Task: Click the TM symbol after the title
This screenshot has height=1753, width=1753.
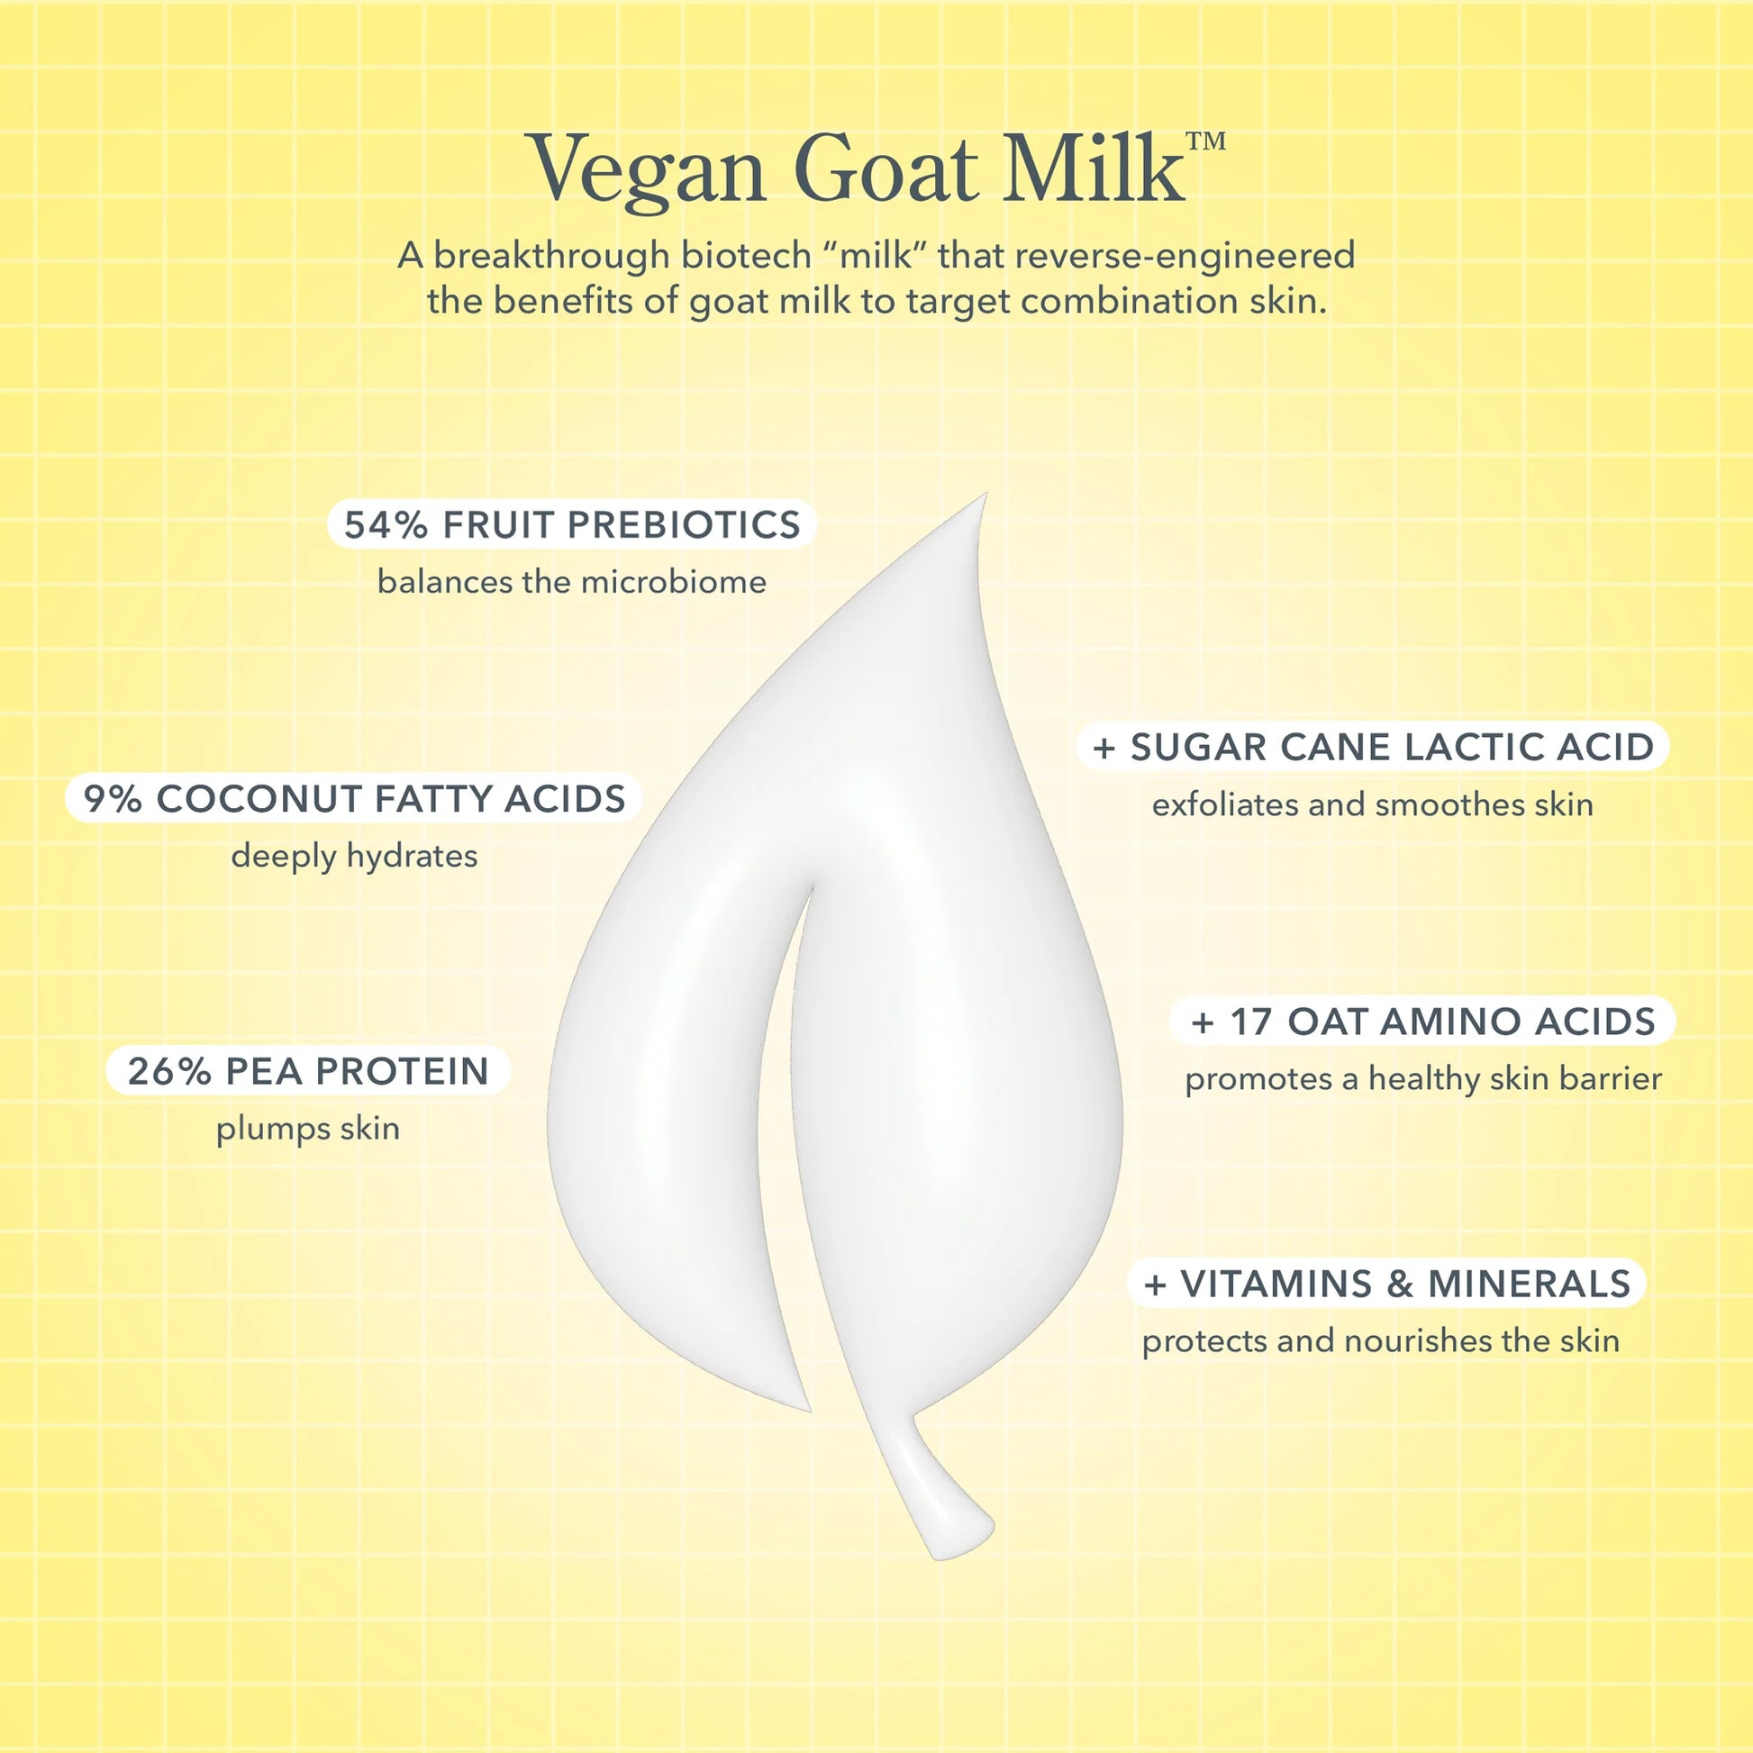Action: click(x=1206, y=141)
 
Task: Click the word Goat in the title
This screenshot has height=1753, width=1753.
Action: click(x=886, y=168)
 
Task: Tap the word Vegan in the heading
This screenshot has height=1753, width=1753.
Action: click(x=649, y=172)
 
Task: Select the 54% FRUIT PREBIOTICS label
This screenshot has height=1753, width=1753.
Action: click(x=573, y=524)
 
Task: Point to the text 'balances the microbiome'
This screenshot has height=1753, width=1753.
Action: click(x=572, y=582)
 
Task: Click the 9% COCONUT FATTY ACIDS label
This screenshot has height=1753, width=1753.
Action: click(x=355, y=798)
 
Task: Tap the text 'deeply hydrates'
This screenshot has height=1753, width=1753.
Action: click(x=354, y=856)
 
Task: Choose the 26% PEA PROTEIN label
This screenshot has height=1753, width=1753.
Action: click(x=308, y=1071)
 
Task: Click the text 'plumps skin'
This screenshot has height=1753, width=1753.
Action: click(x=307, y=1129)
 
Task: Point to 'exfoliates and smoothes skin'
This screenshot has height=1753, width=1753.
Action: click(x=1373, y=804)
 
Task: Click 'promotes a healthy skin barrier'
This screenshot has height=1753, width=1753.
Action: click(x=1423, y=1078)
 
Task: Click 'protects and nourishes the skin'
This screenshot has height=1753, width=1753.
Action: click(x=1380, y=1340)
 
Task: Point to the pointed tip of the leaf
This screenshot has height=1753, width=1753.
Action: click(x=985, y=495)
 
